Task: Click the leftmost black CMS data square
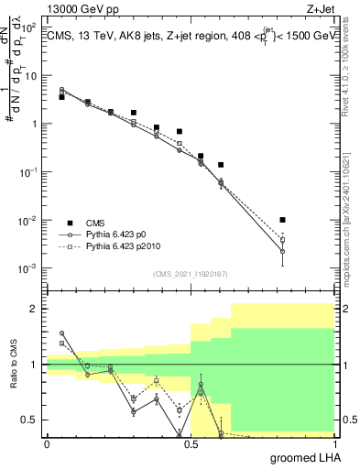(62, 96)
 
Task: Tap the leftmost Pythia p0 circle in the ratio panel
(62, 333)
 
